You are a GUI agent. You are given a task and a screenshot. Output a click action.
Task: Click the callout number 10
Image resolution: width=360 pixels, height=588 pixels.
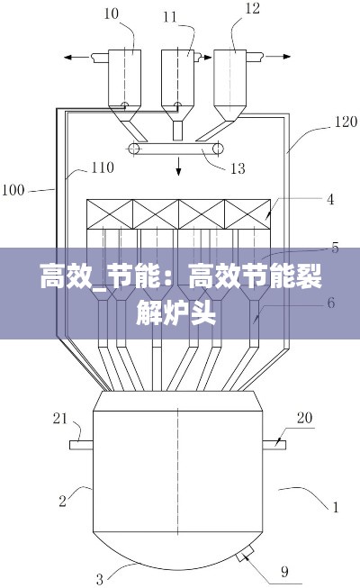[111, 13]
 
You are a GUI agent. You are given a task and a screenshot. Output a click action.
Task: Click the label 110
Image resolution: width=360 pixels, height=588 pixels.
[102, 167]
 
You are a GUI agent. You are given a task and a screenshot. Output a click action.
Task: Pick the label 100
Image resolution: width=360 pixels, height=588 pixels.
[13, 190]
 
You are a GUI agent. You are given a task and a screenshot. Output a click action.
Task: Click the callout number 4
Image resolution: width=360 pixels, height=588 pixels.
[330, 200]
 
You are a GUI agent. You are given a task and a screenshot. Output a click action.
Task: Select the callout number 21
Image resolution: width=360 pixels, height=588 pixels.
[60, 417]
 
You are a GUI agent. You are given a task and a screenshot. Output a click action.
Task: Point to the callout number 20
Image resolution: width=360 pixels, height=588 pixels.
[304, 417]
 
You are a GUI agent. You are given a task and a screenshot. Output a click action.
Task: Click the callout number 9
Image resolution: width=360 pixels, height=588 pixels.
[284, 569]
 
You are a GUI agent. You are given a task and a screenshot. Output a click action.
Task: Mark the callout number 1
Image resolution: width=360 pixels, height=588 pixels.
[336, 507]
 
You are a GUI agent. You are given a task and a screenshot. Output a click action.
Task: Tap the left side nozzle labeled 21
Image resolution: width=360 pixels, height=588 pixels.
[81, 443]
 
